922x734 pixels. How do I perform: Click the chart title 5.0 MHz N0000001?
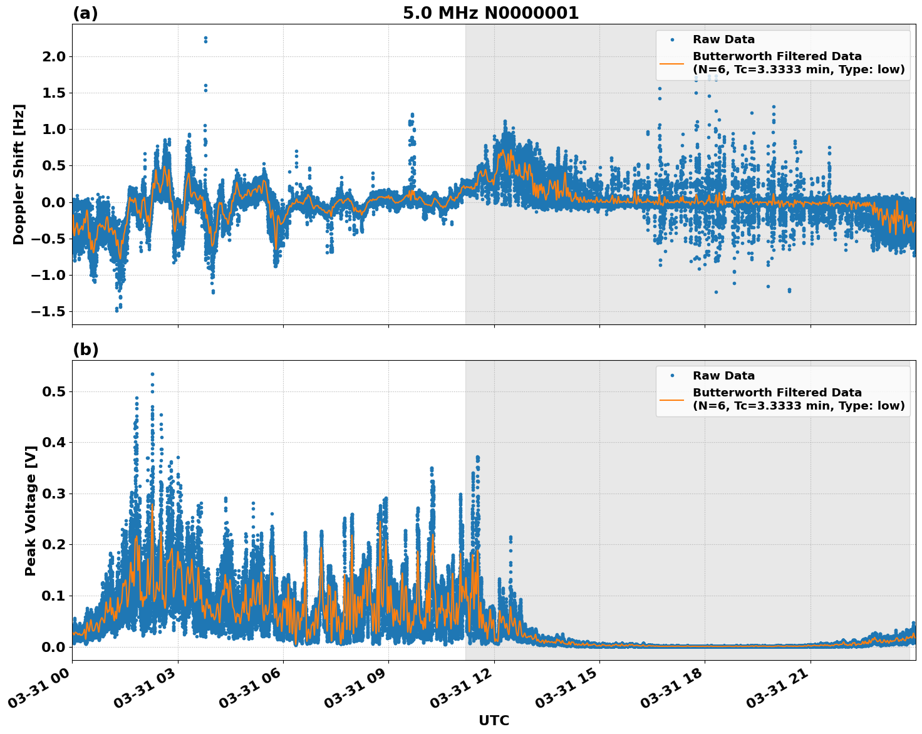coord(490,13)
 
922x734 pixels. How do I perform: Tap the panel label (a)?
coord(85,13)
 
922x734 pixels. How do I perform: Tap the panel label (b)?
coord(85,349)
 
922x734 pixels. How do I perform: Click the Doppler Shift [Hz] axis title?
coord(19,174)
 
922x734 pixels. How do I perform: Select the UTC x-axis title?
coord(494,720)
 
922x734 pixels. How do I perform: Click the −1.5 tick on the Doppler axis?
coord(48,311)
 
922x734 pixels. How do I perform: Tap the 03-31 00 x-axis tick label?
coord(41,688)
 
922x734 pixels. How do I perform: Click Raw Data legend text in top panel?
coord(723,39)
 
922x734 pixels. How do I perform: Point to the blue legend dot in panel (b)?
coord(671,376)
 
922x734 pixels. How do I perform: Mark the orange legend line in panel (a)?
coord(671,63)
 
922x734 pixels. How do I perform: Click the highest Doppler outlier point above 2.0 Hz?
coord(205,38)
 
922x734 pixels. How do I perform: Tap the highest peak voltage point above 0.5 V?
coord(152,374)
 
